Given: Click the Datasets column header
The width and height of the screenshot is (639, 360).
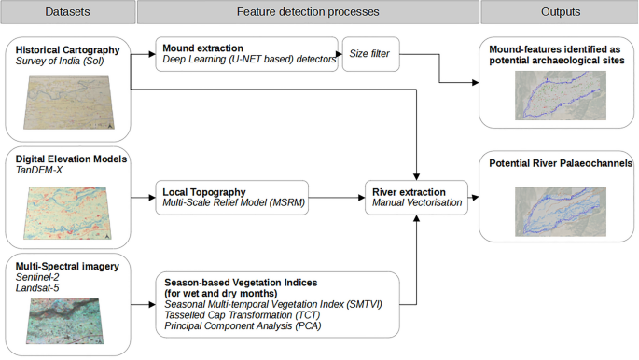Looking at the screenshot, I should point(66,12).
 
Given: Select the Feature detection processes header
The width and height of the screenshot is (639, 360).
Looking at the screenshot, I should point(307,12).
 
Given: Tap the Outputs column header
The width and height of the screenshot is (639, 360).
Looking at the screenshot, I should point(559,12).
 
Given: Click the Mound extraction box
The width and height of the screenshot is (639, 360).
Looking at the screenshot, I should point(245,54).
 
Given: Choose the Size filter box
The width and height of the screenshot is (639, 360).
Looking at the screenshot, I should point(371,54).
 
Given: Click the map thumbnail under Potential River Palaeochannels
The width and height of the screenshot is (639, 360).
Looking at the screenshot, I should point(558,212).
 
